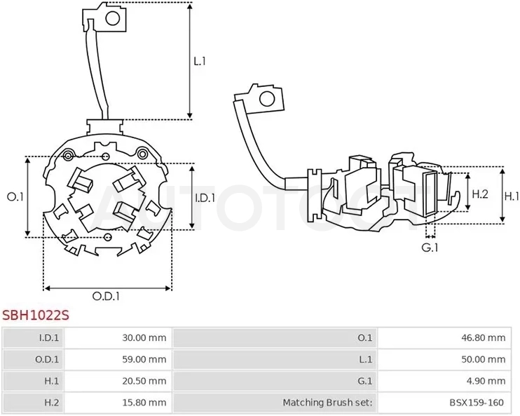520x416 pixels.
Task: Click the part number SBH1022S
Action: (36, 315)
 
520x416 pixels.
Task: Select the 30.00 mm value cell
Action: (144, 338)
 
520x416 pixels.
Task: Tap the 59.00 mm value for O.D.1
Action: (144, 360)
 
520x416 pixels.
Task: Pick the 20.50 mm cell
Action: (144, 381)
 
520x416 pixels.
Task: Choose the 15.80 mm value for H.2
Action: (144, 403)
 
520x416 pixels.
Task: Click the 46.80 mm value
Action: (484, 338)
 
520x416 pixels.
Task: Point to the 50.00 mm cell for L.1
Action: (484, 360)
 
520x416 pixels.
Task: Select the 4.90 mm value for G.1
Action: (486, 381)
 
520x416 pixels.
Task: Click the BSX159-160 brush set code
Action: (477, 403)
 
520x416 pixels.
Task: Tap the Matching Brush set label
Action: (328, 403)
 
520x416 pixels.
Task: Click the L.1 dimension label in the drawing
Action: (200, 61)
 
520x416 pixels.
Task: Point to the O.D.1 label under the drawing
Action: (106, 296)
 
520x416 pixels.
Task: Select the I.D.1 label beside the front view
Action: (205, 199)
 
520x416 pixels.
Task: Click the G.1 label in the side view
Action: (430, 248)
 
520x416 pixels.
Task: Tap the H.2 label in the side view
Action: (480, 194)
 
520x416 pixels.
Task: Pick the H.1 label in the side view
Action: (512, 196)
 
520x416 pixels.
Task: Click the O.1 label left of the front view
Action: (15, 197)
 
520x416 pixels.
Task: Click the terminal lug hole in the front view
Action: (112, 19)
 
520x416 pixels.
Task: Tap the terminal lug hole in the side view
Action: (267, 99)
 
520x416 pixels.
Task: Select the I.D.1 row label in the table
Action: (49, 338)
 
